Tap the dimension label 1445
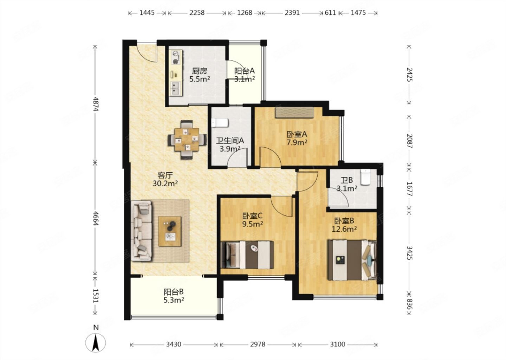[147, 13]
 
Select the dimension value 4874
[96, 104]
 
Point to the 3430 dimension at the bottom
[174, 344]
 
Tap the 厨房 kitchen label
[200, 71]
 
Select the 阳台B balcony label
[174, 292]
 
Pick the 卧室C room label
[252, 216]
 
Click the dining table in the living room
[187, 140]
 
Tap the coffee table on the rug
[170, 231]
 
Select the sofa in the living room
[142, 231]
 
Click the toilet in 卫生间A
[220, 123]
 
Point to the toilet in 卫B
[365, 178]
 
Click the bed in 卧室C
[247, 255]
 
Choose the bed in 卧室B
[352, 261]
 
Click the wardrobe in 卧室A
[294, 112]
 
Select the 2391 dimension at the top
[292, 13]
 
